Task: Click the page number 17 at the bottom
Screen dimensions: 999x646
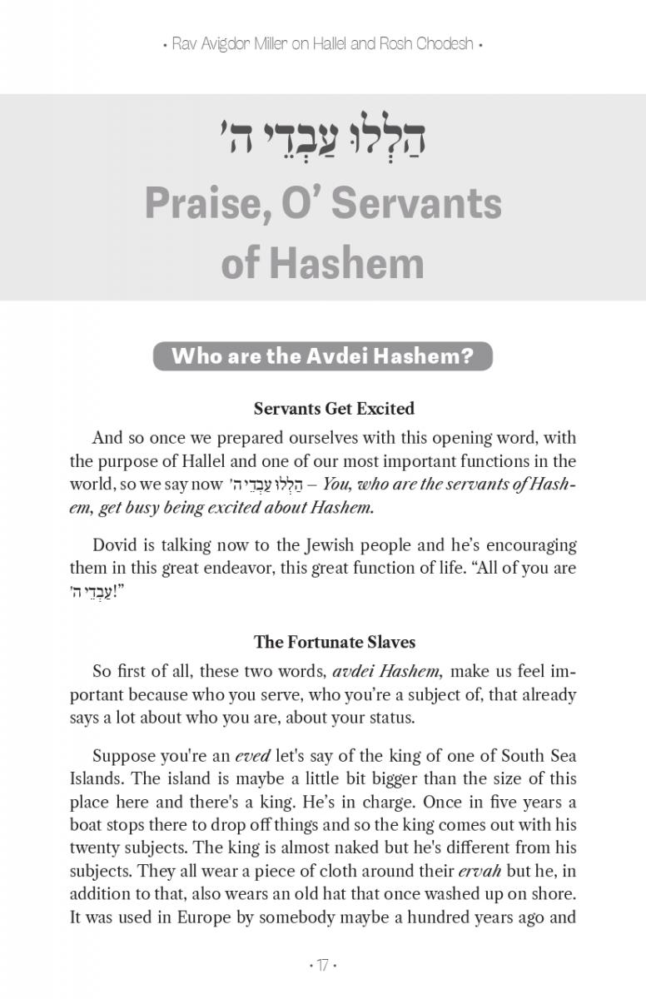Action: click(x=322, y=966)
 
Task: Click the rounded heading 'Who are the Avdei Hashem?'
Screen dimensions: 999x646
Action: click(x=322, y=356)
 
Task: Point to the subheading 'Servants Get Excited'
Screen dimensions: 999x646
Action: click(x=334, y=409)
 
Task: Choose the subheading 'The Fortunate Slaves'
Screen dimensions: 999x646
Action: click(x=334, y=642)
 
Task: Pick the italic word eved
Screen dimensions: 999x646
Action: click(x=251, y=756)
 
